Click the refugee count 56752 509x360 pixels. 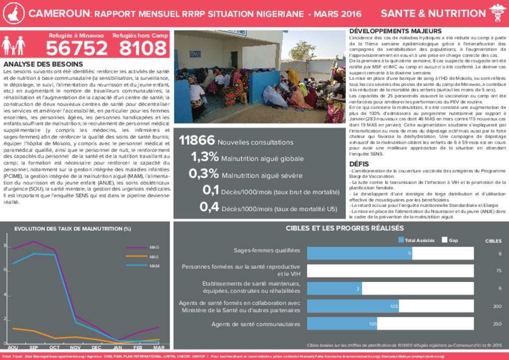coord(77,49)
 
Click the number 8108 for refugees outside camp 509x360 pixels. coord(143,49)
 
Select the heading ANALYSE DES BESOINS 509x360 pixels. coord(43,64)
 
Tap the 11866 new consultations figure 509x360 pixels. coord(197,141)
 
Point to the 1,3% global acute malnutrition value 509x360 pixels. coord(205,158)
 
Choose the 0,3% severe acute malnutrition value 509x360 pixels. coord(204,174)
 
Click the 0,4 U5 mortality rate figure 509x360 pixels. coord(209,207)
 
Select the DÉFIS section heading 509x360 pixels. coord(359,164)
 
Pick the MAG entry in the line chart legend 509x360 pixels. coord(154,247)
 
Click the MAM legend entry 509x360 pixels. coord(154,266)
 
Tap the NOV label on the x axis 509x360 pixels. coord(76,347)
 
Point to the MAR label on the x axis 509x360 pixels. coord(159,347)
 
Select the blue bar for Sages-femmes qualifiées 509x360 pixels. coord(359,254)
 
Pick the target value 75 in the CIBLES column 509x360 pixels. coord(499,270)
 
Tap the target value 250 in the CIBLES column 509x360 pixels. coord(497,324)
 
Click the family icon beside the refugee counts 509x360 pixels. coord(13,46)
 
